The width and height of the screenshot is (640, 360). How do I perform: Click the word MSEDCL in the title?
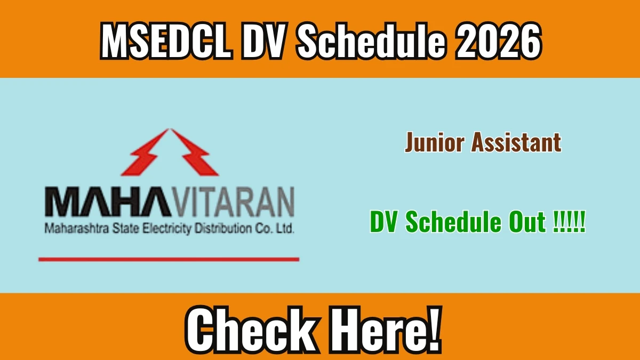click(x=166, y=41)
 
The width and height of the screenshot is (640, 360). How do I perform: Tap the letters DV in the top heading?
click(x=263, y=41)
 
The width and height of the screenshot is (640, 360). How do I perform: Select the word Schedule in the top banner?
click(x=371, y=41)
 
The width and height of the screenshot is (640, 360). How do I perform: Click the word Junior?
click(x=435, y=142)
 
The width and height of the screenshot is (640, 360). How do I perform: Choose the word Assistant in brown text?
click(x=516, y=142)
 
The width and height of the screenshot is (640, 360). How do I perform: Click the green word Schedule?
click(x=453, y=221)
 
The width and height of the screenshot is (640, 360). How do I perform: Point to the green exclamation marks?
click(x=569, y=221)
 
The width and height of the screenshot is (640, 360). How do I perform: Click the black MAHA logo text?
click(x=108, y=202)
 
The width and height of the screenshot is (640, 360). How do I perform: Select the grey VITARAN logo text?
click(x=233, y=202)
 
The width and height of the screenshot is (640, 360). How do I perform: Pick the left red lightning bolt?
click(x=146, y=153)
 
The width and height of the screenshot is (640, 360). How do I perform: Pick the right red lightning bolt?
click(x=194, y=153)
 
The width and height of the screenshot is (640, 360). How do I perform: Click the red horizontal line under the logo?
click(x=169, y=259)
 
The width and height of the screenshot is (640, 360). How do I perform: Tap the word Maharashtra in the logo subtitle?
click(x=77, y=229)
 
